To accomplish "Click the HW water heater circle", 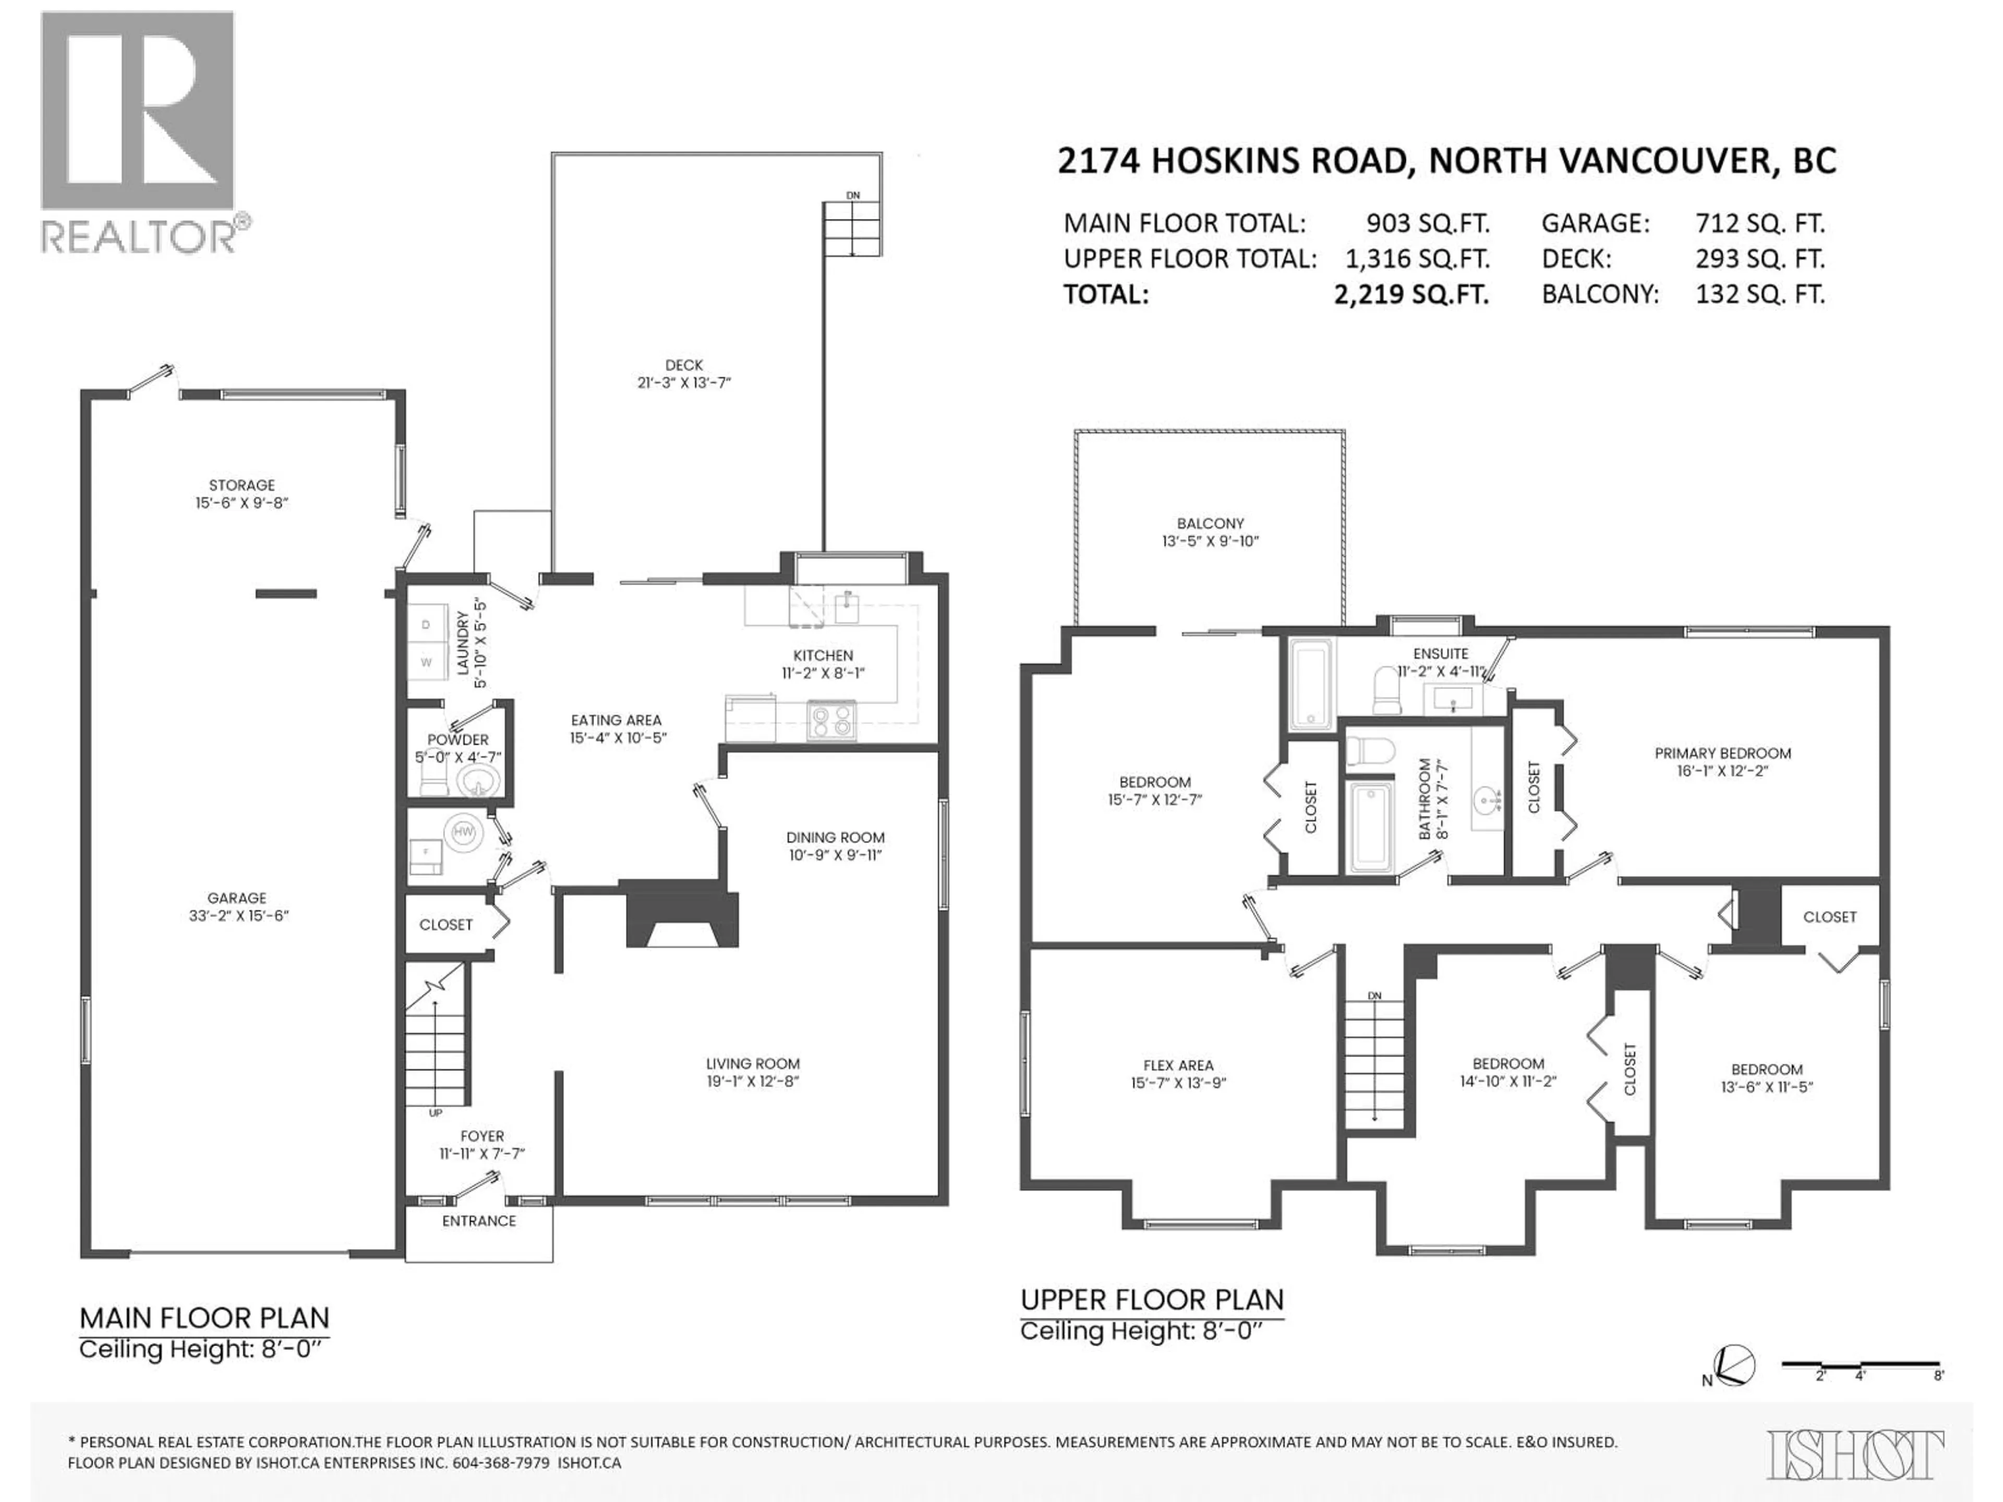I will [x=463, y=831].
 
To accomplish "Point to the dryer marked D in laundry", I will [x=426, y=625].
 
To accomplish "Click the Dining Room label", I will [x=835, y=838].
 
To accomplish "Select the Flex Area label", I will [x=1178, y=1065].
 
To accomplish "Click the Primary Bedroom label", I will [x=1722, y=753].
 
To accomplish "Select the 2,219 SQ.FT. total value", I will [x=1411, y=294].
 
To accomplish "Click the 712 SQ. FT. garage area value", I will [x=1759, y=224].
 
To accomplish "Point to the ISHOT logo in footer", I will [x=1855, y=1454].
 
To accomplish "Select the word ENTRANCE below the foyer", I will [x=479, y=1220].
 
